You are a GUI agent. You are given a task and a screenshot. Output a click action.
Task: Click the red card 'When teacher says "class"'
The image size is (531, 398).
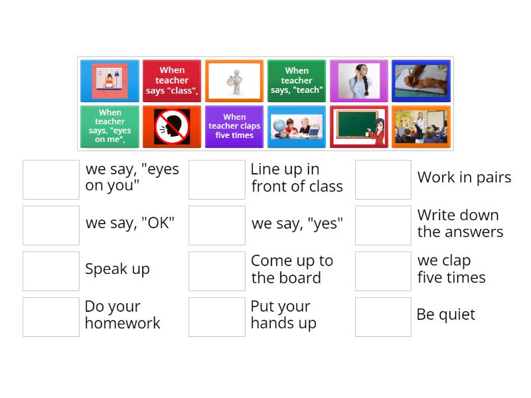[x=172, y=81]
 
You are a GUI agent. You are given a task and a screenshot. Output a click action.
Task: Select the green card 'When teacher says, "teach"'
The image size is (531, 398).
[x=297, y=81]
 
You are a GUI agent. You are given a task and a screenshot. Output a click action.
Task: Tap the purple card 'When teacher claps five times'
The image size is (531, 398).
[x=234, y=127]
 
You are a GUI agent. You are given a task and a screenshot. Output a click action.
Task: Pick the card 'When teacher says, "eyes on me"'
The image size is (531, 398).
[x=110, y=127]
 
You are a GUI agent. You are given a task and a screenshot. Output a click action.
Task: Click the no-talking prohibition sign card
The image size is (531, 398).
[x=172, y=127]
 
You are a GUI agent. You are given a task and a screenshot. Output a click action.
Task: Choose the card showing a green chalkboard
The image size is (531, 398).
[x=359, y=127]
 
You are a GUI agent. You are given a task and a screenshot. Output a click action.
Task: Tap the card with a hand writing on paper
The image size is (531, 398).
[x=421, y=81]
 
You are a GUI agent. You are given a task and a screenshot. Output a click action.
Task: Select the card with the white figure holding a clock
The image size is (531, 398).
[x=234, y=81]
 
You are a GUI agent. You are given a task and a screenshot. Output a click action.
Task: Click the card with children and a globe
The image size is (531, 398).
[x=297, y=127]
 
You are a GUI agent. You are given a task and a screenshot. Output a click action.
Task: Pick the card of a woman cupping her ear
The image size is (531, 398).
[x=359, y=81]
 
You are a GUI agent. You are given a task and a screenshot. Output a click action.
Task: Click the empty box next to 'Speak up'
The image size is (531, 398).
[x=51, y=271]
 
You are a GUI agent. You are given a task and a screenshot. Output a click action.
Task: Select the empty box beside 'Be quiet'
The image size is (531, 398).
[x=383, y=316]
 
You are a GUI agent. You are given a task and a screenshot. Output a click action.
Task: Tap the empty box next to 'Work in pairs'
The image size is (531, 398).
[x=383, y=179]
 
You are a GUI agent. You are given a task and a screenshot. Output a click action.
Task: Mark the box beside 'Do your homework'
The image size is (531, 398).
[x=51, y=316]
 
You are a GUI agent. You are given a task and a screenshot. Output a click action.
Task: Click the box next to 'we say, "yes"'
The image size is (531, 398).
[x=217, y=225]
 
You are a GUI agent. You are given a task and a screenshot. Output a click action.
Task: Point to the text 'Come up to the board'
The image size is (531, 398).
[x=291, y=269]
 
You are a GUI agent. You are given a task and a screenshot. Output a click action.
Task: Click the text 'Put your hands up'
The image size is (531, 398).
[x=283, y=315]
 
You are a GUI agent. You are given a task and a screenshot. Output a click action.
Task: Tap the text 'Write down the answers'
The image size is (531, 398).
[x=460, y=224]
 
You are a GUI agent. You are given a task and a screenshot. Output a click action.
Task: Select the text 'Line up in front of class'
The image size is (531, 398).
[x=297, y=178]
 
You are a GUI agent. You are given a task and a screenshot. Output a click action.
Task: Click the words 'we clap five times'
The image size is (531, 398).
[x=451, y=269]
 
